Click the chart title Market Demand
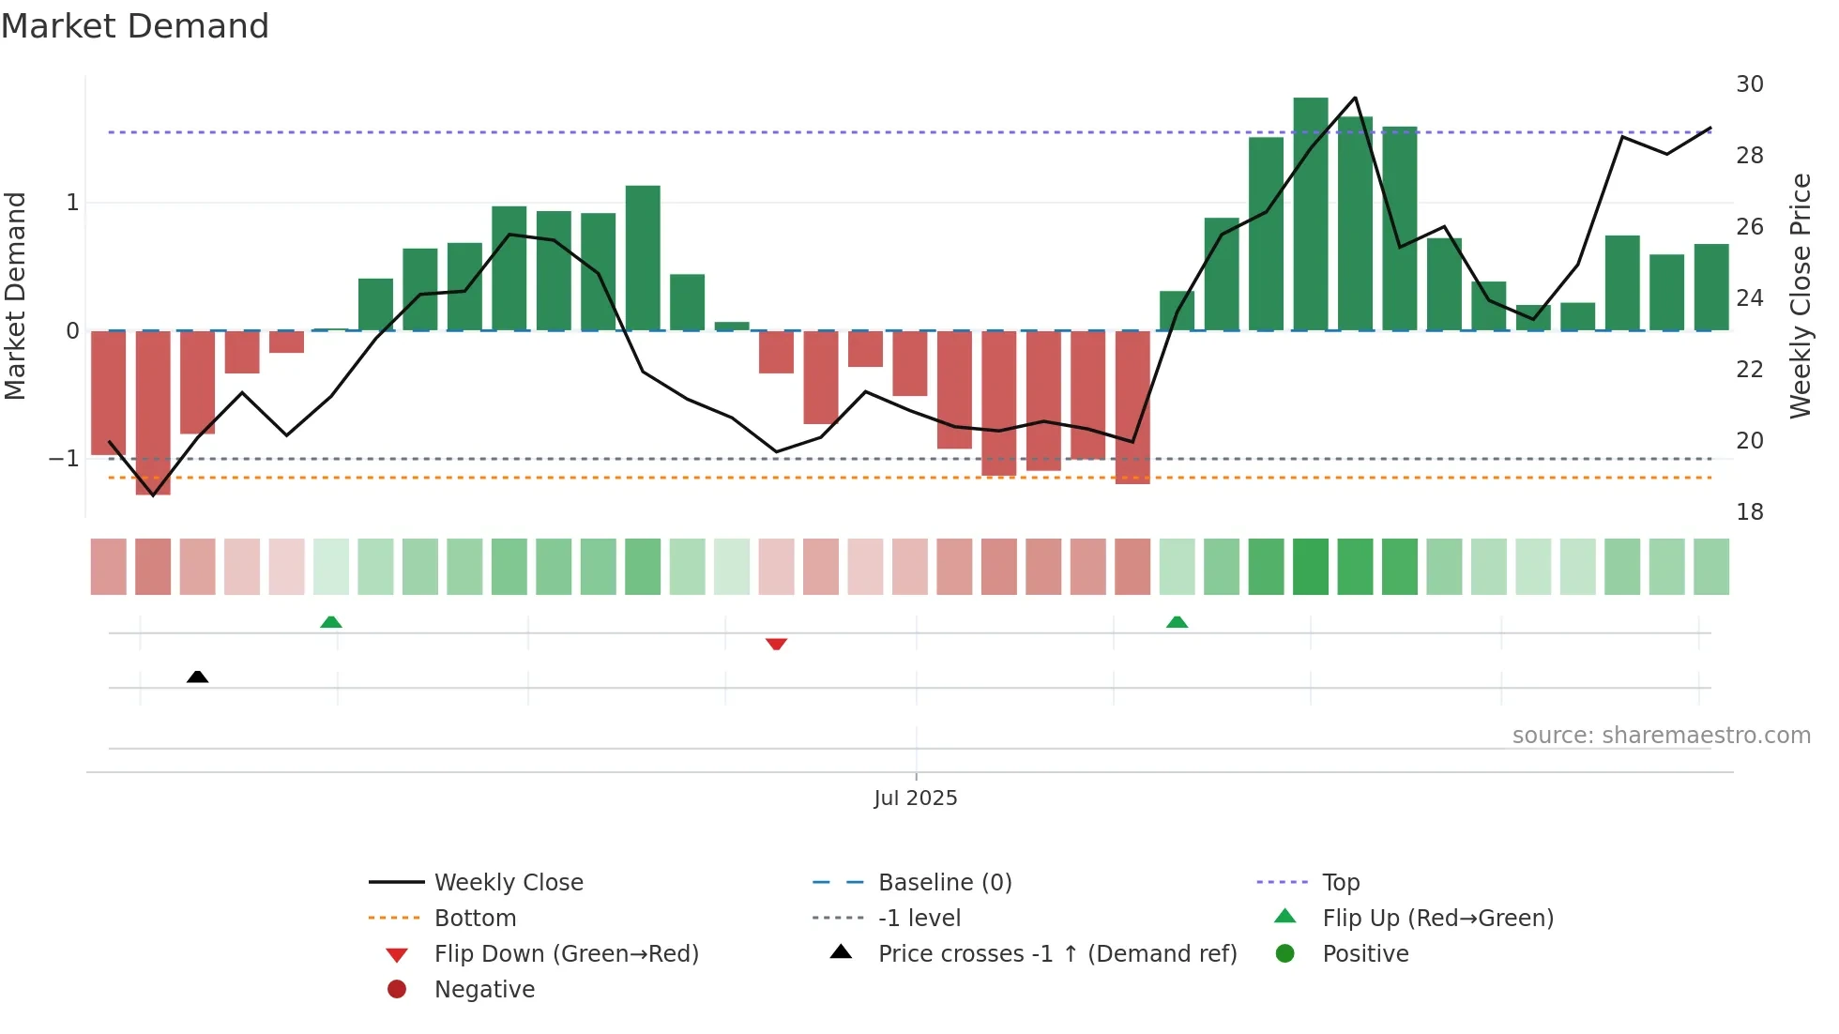point(135,26)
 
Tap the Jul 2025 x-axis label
point(915,798)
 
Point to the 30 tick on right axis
point(1749,84)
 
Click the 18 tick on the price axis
point(1749,512)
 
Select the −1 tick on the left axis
point(65,459)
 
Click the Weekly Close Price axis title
point(1800,296)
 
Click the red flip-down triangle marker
point(776,644)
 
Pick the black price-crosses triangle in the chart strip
point(197,677)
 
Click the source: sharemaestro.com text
point(1661,736)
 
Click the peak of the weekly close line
point(1355,98)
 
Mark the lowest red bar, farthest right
point(1132,407)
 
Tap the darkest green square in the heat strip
point(1310,567)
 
